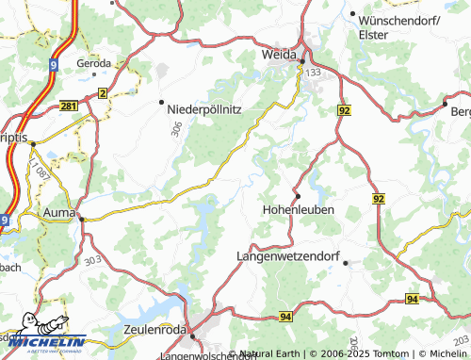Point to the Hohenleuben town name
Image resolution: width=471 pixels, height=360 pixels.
(x=298, y=209)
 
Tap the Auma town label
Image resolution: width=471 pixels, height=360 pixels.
(x=59, y=214)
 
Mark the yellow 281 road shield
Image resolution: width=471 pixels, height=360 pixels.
(x=68, y=106)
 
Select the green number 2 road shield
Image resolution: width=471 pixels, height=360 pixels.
(x=102, y=93)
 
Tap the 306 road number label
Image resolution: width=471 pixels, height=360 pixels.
(x=176, y=131)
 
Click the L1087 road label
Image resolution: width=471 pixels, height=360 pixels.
(x=39, y=172)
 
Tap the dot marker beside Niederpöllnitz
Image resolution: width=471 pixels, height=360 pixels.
(x=162, y=102)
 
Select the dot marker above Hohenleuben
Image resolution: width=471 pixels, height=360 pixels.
(x=298, y=196)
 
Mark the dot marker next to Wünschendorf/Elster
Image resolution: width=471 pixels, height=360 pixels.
(x=352, y=15)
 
